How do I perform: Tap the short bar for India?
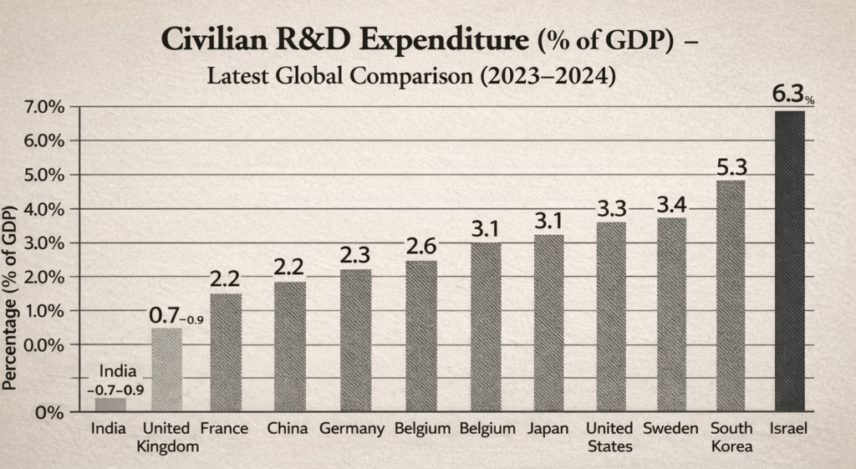click(x=110, y=405)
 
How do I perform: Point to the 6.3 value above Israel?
click(x=788, y=95)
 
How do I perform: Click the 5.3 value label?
click(x=731, y=166)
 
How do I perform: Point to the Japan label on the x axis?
click(x=548, y=429)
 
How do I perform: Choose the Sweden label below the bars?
click(x=671, y=429)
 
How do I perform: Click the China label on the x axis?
click(x=289, y=429)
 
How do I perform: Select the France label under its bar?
click(x=224, y=429)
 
